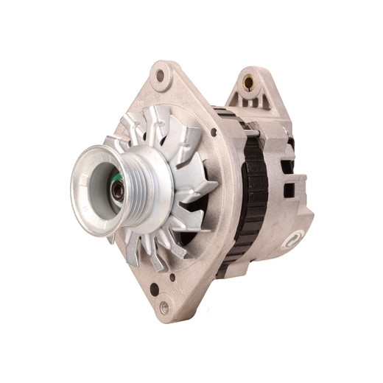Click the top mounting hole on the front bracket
160,76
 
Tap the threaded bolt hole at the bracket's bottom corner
164,307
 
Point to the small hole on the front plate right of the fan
213,133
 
